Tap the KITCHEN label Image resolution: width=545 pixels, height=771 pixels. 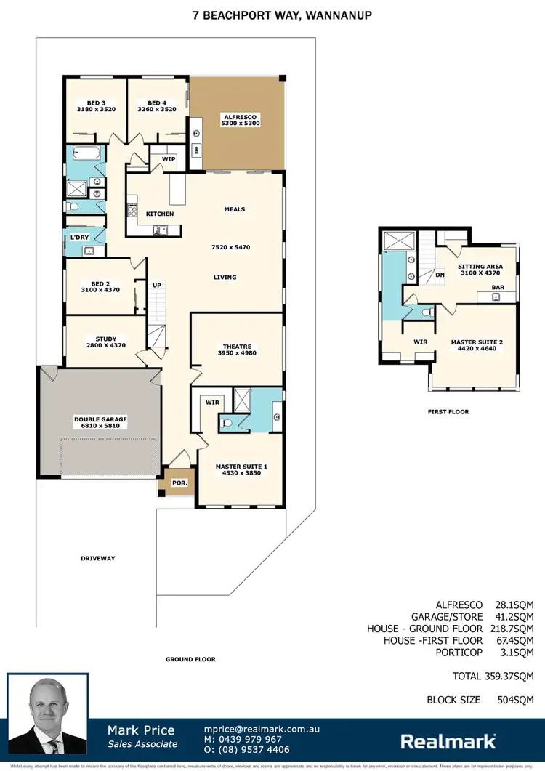click(x=160, y=214)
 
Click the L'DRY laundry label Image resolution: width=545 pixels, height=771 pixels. click(x=78, y=238)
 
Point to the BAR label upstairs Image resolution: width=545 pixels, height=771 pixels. click(x=498, y=287)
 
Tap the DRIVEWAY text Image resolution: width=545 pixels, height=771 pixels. click(x=98, y=558)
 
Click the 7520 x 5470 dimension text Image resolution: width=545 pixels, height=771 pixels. click(x=230, y=247)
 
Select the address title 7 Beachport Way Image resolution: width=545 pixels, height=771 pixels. click(x=272, y=15)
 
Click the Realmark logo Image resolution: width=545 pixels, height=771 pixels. click(x=448, y=741)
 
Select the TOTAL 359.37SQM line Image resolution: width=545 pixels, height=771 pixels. click(x=493, y=676)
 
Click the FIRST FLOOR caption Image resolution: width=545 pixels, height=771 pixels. click(x=448, y=411)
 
